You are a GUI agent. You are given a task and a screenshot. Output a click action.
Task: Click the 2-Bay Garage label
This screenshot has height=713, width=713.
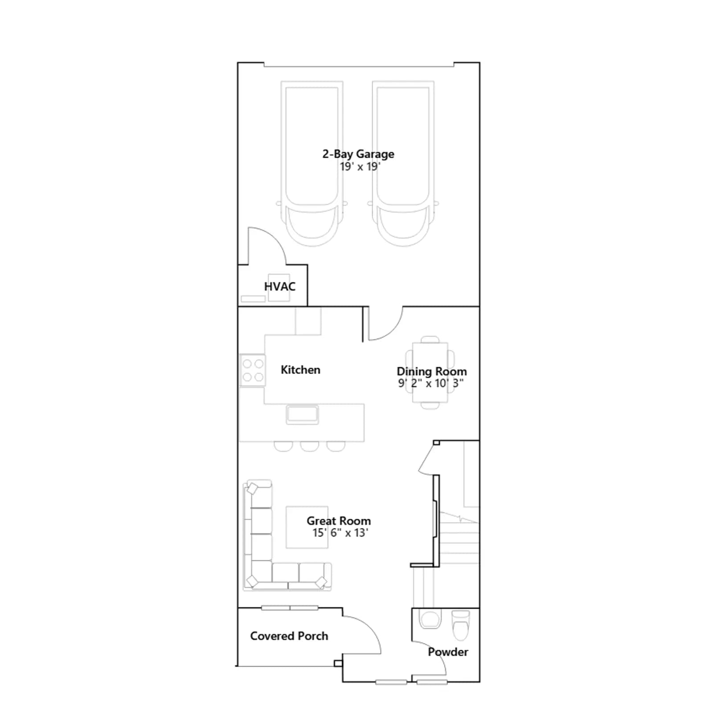[358, 154]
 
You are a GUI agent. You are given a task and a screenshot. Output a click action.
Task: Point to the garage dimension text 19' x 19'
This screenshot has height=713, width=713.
[360, 167]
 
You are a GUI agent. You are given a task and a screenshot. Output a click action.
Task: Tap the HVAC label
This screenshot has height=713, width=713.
[280, 287]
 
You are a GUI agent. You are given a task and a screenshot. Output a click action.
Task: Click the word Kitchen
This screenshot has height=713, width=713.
[300, 370]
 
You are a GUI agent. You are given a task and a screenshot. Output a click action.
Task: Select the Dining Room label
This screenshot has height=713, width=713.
[432, 372]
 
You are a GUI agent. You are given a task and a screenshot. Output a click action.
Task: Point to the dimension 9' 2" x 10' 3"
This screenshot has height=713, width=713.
[431, 383]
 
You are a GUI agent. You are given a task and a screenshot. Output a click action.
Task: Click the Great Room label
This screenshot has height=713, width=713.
[339, 521]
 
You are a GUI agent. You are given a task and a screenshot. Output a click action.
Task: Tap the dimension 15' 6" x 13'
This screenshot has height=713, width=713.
[340, 533]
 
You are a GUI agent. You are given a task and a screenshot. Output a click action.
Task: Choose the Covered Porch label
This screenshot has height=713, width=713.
[289, 636]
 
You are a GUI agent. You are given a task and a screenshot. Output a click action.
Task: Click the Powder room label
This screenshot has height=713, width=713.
[448, 652]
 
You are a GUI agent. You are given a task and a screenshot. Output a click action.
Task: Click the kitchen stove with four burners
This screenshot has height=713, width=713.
[253, 370]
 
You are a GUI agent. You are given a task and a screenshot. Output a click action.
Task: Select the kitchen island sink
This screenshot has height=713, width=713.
[302, 414]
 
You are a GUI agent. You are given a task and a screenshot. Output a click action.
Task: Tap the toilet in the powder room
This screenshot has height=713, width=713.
[461, 624]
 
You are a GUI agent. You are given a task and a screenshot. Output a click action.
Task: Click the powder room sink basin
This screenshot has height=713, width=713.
[430, 619]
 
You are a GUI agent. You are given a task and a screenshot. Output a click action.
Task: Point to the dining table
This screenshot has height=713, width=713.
[430, 373]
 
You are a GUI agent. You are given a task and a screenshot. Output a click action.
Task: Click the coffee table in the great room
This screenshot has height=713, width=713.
[307, 527]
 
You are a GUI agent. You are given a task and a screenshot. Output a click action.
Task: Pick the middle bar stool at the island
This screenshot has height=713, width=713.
[310, 446]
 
